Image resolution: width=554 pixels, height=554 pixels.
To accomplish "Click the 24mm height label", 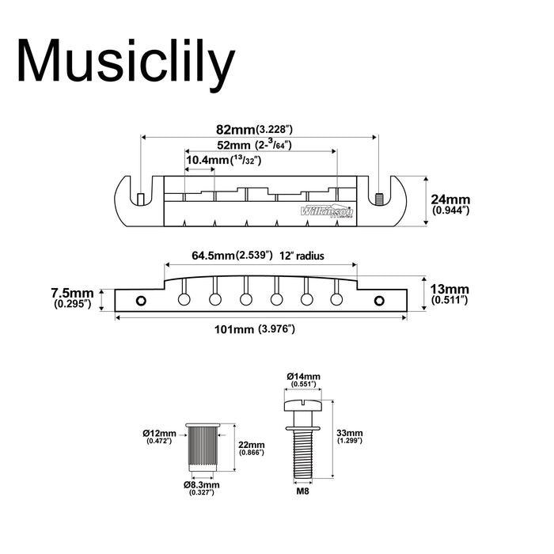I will [450, 205].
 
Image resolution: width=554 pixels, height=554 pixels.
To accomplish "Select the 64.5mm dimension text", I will [233, 256].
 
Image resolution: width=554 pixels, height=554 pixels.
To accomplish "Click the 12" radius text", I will [312, 256].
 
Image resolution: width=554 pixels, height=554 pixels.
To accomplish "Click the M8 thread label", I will [302, 491].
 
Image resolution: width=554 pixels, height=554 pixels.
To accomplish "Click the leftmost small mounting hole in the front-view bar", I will [142, 300].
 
